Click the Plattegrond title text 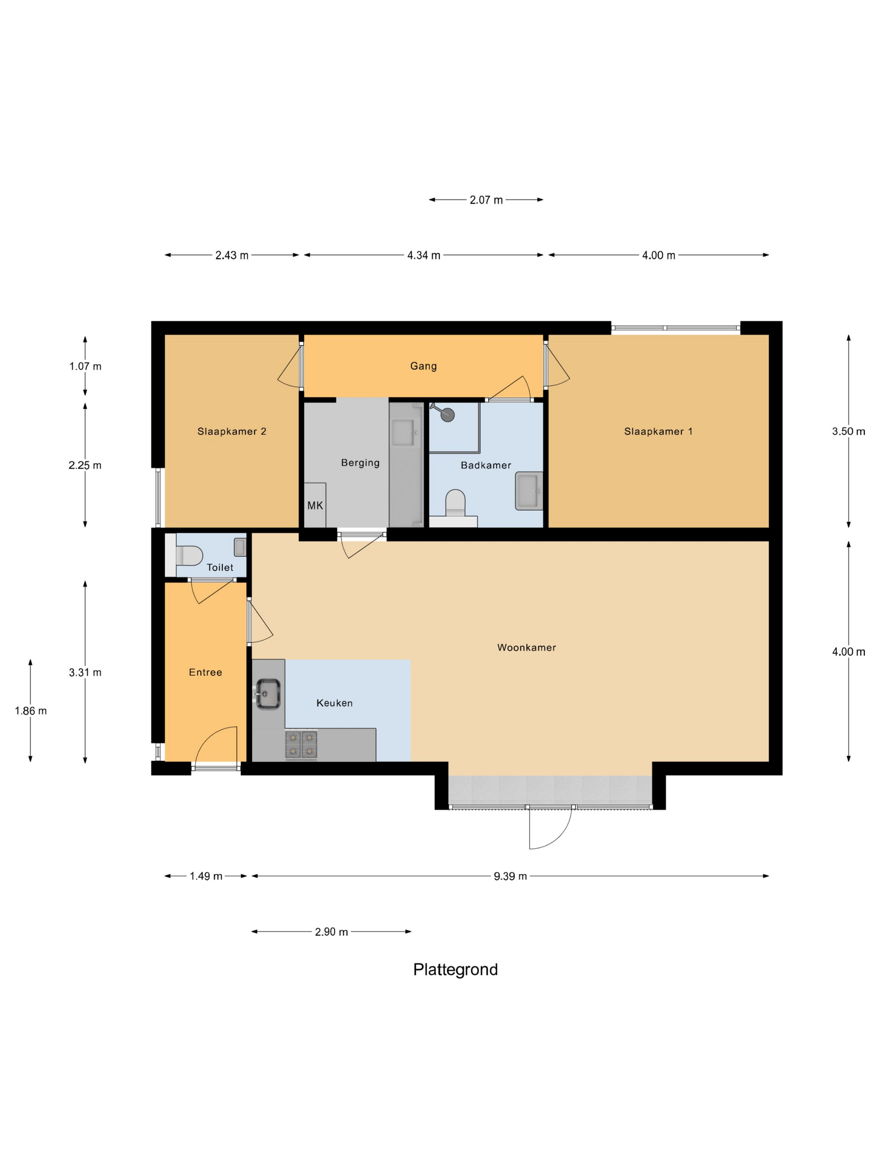coord(455,970)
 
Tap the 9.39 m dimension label coord(510,876)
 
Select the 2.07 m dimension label coord(486,200)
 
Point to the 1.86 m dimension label coord(31,711)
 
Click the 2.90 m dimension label coord(331,932)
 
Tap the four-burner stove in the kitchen coord(301,744)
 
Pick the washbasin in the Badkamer coord(528,491)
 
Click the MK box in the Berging coord(315,505)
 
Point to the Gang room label coord(423,366)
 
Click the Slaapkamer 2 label coord(232,431)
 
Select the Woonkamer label coord(526,647)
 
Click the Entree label coord(205,673)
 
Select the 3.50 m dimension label coord(848,431)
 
